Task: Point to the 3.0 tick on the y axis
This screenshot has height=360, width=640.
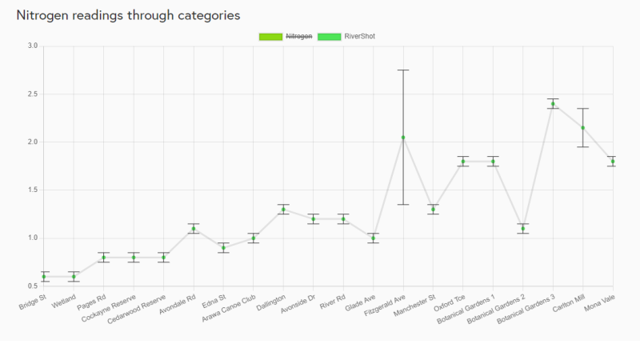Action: (32, 46)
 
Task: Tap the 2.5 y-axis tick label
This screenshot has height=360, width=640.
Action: (32, 94)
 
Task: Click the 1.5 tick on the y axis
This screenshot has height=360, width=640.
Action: (32, 190)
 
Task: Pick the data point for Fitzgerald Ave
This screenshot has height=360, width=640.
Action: (403, 137)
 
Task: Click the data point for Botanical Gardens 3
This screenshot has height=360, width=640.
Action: (553, 103)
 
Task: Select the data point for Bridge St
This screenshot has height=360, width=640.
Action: (45, 277)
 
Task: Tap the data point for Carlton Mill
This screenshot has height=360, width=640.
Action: (582, 127)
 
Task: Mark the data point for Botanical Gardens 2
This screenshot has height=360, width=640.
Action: (522, 228)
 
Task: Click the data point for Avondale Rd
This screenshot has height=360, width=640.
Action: (194, 228)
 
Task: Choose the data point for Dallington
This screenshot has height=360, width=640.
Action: (283, 209)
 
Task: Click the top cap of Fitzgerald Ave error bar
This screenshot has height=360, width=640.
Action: (403, 70)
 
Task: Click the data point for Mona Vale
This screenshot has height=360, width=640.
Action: (613, 161)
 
